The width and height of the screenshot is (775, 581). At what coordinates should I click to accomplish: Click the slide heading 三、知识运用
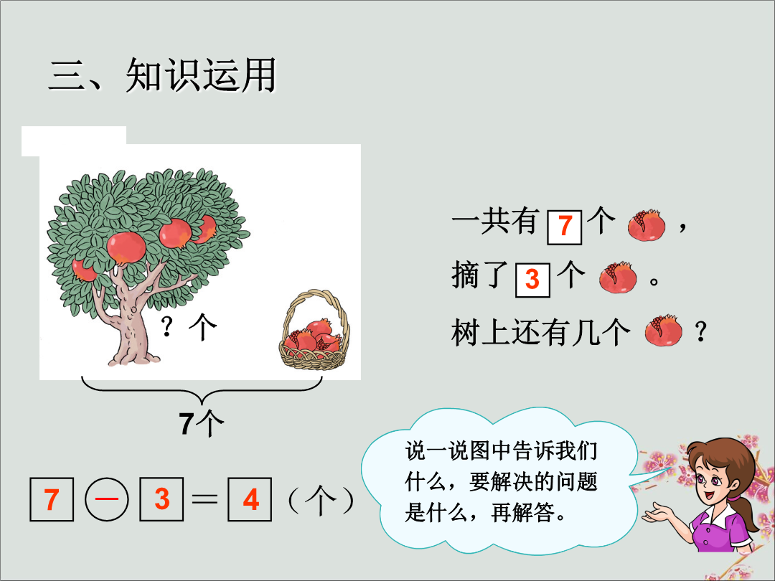coord(162,75)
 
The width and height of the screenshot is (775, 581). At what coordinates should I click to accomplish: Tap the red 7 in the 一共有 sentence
coord(565,227)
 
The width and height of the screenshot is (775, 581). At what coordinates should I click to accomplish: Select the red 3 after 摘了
coord(532,280)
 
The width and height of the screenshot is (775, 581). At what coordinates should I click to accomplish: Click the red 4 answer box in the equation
coord(250,499)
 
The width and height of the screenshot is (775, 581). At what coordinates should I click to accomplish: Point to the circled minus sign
coord(107,499)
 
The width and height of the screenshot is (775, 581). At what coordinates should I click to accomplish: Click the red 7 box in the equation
coord(52,499)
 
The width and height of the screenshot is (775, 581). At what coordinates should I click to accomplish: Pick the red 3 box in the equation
coord(161,499)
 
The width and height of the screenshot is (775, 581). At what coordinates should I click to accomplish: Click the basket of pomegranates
coord(314,330)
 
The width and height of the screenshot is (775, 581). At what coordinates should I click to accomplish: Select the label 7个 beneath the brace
coord(201,423)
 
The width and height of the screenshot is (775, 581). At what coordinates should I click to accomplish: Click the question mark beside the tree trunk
coord(167,326)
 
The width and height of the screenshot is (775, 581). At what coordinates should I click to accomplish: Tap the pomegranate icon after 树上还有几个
coord(663,330)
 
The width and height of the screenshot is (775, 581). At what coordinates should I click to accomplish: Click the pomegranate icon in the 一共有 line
coord(647,225)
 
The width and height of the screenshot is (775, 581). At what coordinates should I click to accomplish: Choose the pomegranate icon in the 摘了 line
coord(618,277)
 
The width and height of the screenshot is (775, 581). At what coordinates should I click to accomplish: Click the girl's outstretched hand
coord(657,513)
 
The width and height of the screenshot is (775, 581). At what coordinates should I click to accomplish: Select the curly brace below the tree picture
coord(202,390)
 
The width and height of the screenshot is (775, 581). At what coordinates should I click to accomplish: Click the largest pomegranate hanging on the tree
coord(126,247)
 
